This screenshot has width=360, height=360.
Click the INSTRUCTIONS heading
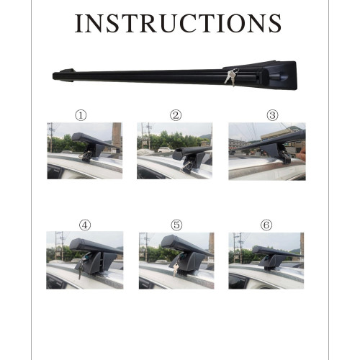point(178,23)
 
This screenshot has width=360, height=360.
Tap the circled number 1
point(81,115)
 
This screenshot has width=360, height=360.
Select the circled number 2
point(176,115)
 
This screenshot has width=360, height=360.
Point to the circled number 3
point(272,115)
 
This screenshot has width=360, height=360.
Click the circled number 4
point(85,225)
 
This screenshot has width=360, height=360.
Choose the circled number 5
point(176,225)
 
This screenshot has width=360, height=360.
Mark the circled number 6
point(266,225)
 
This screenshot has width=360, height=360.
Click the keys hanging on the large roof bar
point(231,77)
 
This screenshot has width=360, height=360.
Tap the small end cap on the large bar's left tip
point(67,71)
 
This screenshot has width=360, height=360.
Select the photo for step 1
point(85,150)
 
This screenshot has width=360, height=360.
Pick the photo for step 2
point(174,150)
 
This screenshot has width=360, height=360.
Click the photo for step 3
point(267,151)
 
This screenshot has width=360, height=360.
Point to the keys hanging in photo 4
point(81,266)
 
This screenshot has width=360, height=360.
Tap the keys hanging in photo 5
point(176,266)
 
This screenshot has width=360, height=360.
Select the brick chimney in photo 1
point(117,136)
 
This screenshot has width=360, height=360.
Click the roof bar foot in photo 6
point(271,262)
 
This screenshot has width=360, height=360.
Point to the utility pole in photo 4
point(62,246)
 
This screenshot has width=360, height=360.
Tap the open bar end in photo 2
point(178,154)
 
